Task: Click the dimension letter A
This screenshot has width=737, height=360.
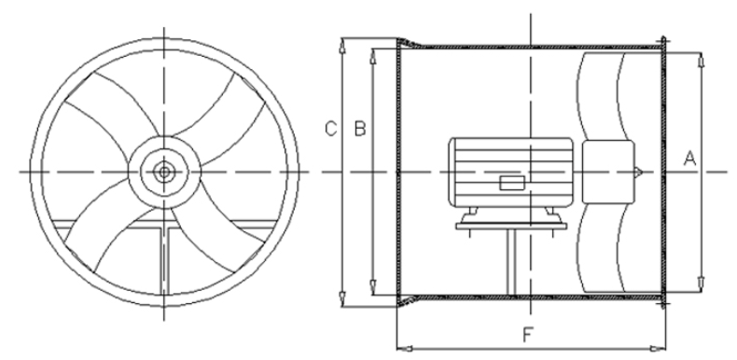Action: click(x=689, y=159)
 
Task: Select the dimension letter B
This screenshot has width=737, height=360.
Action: click(x=360, y=129)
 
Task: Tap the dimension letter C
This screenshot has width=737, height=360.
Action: click(x=331, y=129)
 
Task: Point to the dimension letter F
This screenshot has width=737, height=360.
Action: click(x=528, y=335)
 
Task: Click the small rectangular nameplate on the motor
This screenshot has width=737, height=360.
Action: click(x=512, y=183)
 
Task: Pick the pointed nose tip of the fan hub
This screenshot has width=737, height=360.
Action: click(x=642, y=173)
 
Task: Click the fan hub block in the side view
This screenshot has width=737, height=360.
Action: click(x=608, y=172)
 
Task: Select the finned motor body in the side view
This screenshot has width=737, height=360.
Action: click(x=511, y=172)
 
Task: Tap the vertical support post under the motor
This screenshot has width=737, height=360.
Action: click(x=511, y=262)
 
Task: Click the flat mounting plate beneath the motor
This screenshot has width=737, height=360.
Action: click(x=511, y=226)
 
